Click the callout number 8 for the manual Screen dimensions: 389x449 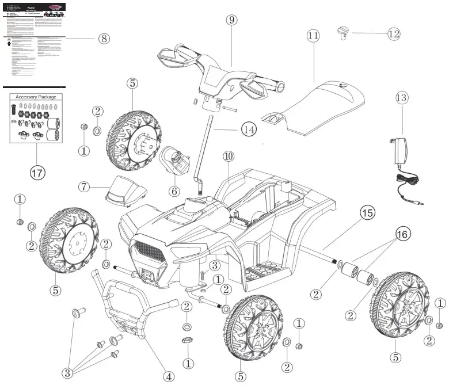[x=104, y=39]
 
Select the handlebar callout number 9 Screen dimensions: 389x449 [x=231, y=20]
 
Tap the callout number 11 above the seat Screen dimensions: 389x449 [x=313, y=35]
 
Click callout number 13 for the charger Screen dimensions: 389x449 [x=402, y=98]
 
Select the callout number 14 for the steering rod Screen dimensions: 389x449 [x=248, y=130]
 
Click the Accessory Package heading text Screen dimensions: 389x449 [x=36, y=97]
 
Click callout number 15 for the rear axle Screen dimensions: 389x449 [x=366, y=213]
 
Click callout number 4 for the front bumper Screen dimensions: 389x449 [x=168, y=376]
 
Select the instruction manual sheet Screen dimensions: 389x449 [x=33, y=43]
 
